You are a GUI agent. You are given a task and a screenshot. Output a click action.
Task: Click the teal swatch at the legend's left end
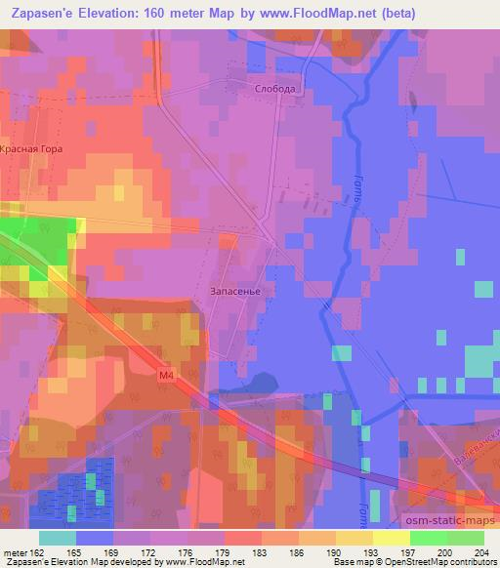click(x=57, y=538)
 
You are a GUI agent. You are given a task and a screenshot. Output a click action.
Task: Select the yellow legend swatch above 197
click(x=391, y=538)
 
